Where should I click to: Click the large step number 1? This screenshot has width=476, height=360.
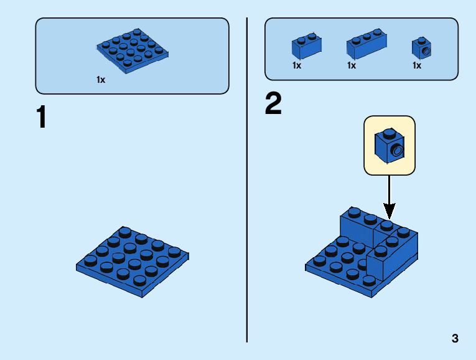pos(42,118)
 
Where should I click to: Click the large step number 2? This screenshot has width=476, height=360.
pos(273,104)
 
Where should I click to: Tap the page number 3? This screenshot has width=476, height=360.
pos(455,339)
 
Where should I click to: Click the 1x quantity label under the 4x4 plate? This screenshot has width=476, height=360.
pos(101,80)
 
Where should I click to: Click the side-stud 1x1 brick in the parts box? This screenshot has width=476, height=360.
pos(422,48)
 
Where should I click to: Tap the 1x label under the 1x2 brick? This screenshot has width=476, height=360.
pos(297,65)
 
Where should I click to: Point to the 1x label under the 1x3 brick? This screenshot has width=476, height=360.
pos(352,65)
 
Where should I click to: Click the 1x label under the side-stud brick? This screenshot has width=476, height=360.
pos(417,65)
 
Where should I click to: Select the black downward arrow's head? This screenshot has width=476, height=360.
pos(389,210)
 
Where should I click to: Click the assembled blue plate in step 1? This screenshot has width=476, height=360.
pos(133,261)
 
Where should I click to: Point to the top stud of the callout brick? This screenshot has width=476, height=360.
pos(389,132)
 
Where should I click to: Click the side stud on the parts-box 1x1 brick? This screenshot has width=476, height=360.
pos(426,49)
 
